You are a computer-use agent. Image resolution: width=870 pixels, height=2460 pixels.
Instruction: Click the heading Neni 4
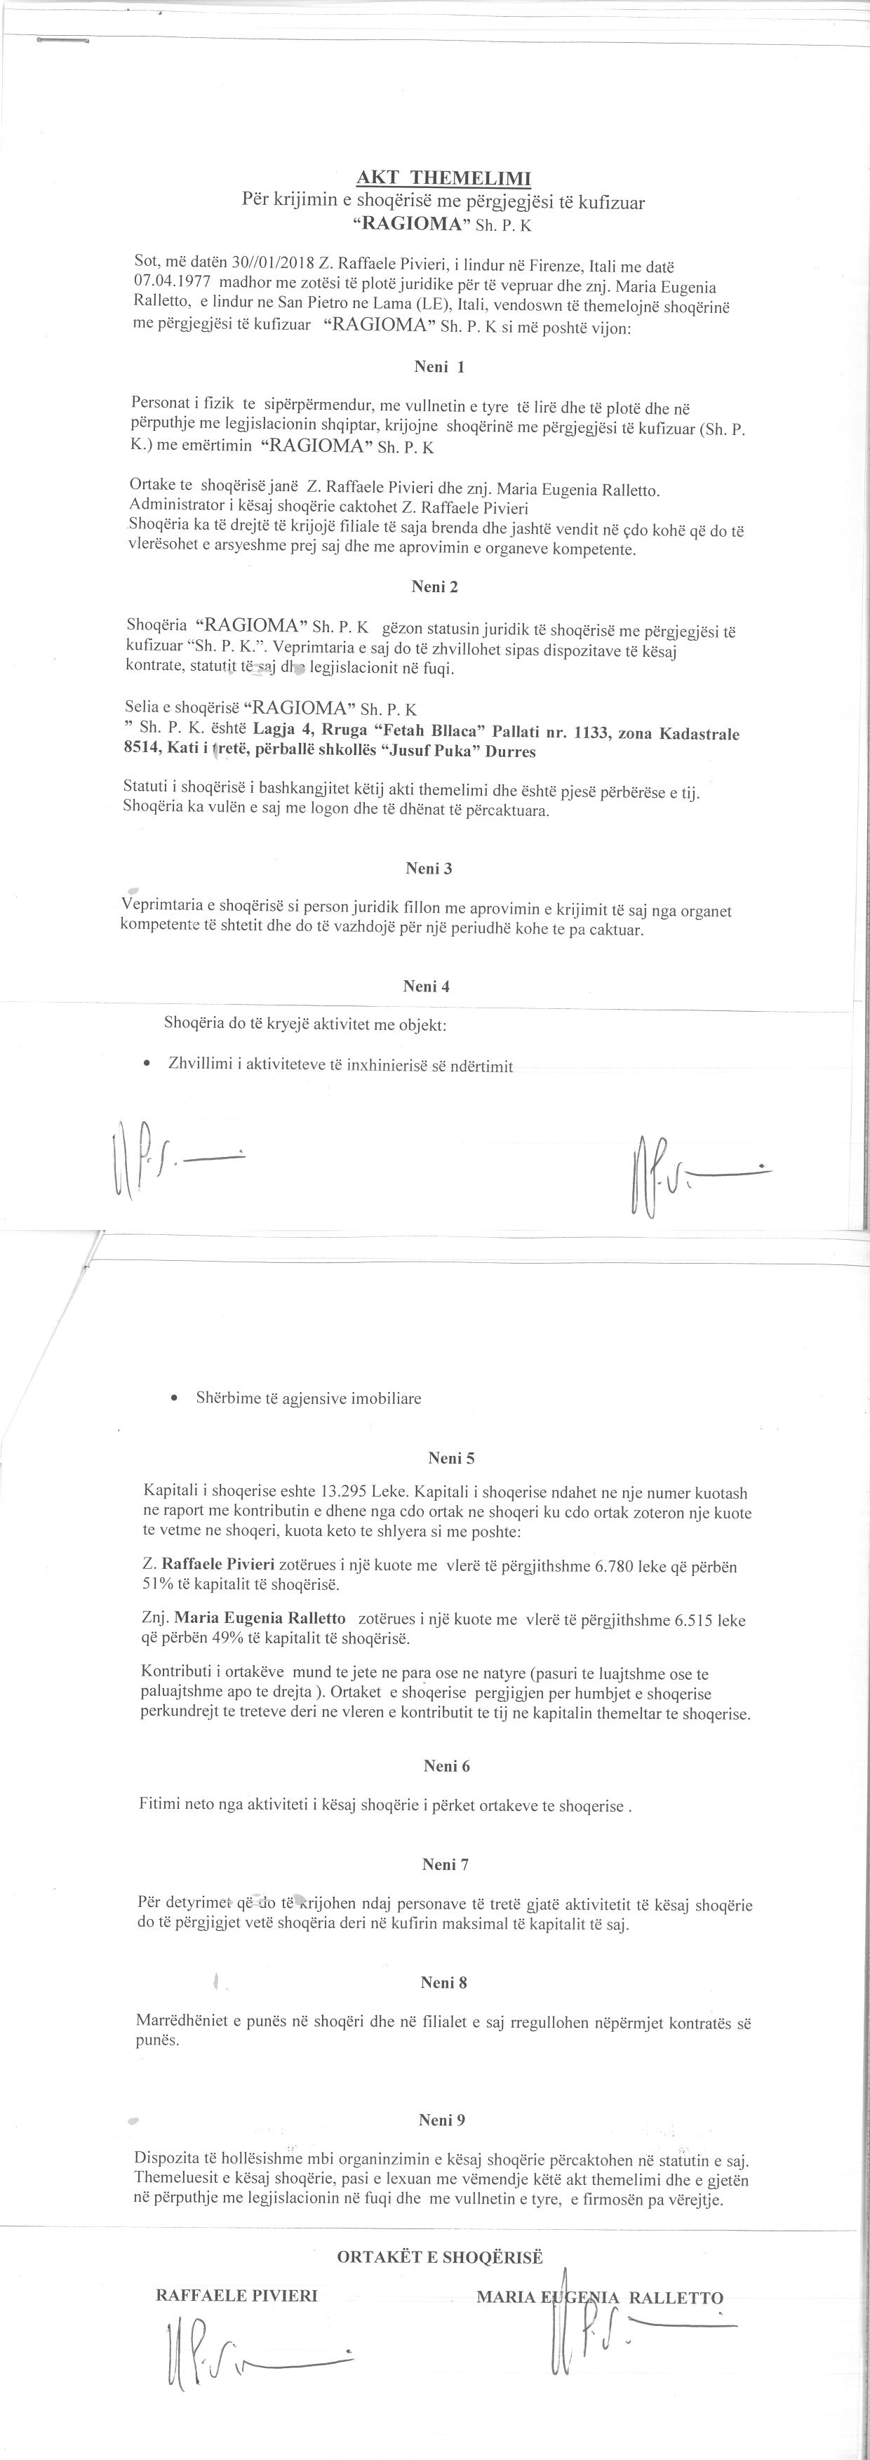426,987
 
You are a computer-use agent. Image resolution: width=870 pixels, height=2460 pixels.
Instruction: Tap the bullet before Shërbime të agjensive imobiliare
172,1398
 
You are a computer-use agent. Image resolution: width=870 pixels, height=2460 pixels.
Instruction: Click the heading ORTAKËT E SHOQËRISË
439,2257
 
